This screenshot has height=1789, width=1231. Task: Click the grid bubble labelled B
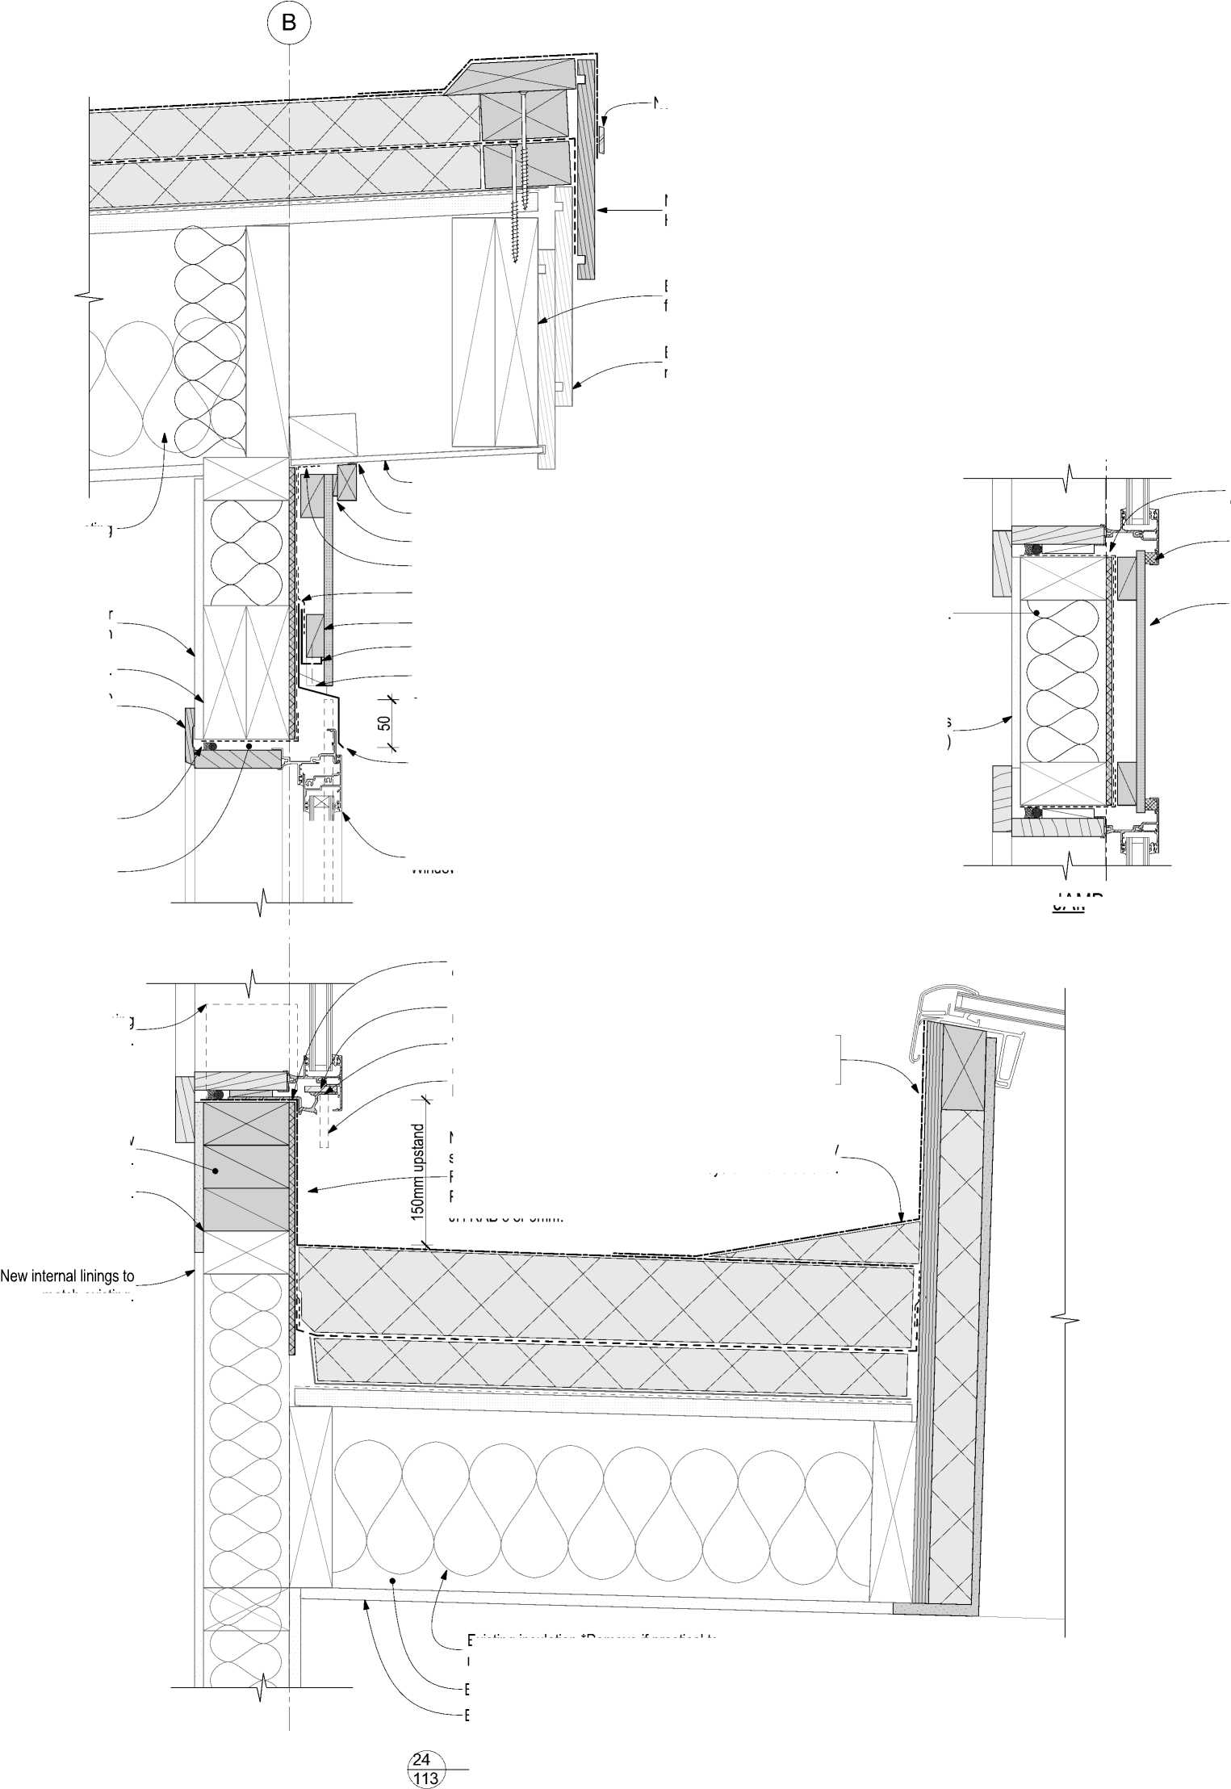click(x=288, y=23)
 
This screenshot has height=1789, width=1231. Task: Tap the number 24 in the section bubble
click(x=421, y=1757)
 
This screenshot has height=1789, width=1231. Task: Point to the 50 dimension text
click(x=385, y=723)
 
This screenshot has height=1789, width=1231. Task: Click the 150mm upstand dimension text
click(x=418, y=1171)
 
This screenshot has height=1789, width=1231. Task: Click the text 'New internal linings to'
click(x=68, y=1276)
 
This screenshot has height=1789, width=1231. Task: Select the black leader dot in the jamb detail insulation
click(x=1036, y=613)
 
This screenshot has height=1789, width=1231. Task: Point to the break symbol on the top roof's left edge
click(x=95, y=300)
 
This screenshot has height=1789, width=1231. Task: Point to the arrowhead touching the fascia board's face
click(x=601, y=210)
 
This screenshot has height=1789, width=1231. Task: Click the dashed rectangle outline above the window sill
click(x=251, y=1035)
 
